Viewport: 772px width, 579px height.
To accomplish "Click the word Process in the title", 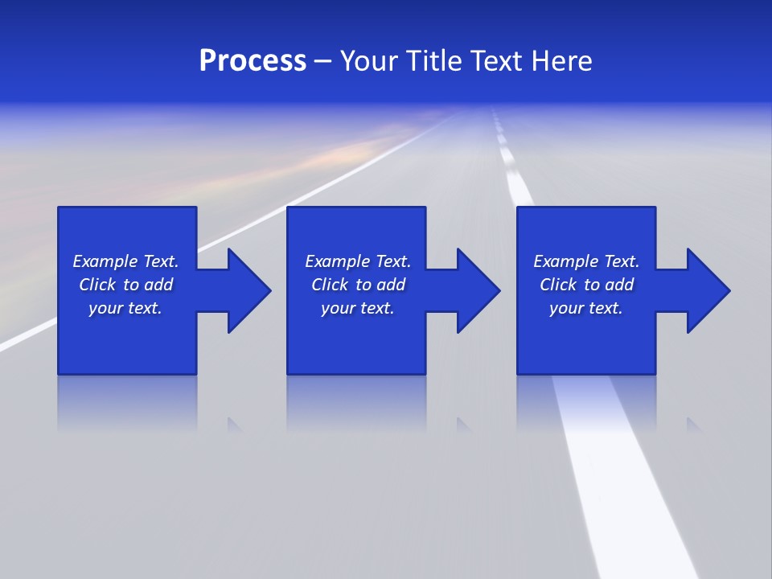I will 253,61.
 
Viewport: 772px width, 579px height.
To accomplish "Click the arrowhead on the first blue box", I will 245,290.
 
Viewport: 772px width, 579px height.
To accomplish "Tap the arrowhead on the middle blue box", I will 474,290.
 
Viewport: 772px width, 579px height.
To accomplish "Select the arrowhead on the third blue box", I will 704,290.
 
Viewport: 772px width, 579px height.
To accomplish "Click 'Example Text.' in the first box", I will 125,261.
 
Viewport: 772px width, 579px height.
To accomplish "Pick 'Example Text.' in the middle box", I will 357,261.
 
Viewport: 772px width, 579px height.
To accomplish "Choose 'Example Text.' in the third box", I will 586,261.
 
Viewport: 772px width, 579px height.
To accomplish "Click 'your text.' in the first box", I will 125,308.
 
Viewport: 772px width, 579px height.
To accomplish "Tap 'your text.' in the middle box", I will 357,308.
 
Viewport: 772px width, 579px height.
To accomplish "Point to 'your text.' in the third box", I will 586,308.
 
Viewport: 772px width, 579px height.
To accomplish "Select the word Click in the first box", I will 97,285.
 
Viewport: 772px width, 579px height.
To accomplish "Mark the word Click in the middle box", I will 330,285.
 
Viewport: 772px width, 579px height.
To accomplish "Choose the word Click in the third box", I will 558,285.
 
